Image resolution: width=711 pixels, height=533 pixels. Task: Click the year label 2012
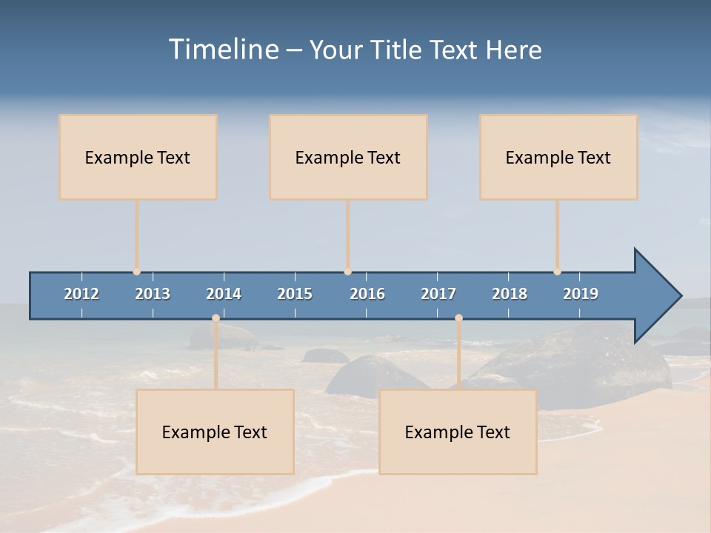pos(81,294)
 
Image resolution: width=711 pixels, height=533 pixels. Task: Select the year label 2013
pos(153,294)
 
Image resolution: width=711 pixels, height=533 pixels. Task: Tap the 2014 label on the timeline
pos(224,294)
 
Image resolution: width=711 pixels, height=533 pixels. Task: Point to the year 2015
pos(295,294)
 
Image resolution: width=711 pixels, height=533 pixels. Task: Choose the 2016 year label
pos(367,294)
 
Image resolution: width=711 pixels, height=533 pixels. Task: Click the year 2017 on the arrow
pos(438,294)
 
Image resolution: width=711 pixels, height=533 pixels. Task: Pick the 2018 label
pos(510,294)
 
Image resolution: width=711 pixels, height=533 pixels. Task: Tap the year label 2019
pos(581,294)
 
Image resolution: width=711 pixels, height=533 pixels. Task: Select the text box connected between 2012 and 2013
pos(138,157)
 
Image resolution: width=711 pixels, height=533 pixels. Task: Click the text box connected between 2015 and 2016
pos(348,157)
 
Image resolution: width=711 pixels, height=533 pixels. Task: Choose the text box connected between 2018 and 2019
pos(558,157)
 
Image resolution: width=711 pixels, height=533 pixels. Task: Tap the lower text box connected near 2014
pos(215,432)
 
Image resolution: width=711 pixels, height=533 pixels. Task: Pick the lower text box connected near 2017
pos(458,432)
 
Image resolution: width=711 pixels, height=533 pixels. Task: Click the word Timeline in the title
pos(223,50)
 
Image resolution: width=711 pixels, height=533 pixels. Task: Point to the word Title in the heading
pos(397,50)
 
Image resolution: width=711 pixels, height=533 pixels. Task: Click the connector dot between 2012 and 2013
pos(136,272)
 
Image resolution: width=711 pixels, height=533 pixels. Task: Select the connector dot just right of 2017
pos(458,318)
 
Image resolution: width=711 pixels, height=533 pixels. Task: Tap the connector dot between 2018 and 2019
pos(557,272)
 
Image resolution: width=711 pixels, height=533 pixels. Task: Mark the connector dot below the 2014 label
pos(216,318)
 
